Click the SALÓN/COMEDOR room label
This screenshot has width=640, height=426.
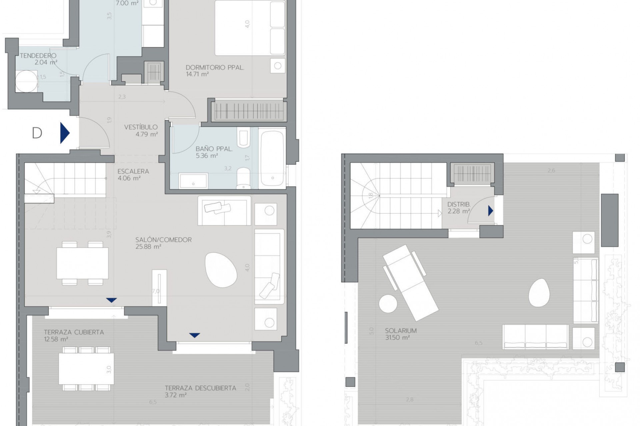(163, 240)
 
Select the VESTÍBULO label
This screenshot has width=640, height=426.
(141, 127)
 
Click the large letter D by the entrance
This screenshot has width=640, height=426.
(37, 133)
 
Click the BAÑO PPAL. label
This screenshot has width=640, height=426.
(214, 149)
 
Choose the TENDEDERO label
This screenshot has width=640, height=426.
(38, 56)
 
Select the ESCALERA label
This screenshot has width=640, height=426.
(133, 171)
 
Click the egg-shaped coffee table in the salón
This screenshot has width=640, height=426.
(221, 270)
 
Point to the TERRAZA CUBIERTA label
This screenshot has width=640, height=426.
(74, 332)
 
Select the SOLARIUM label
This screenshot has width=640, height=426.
(401, 331)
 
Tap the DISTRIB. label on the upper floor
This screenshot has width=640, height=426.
(459, 204)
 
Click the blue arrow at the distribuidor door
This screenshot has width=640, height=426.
(490, 211)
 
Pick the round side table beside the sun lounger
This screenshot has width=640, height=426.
(388, 304)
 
